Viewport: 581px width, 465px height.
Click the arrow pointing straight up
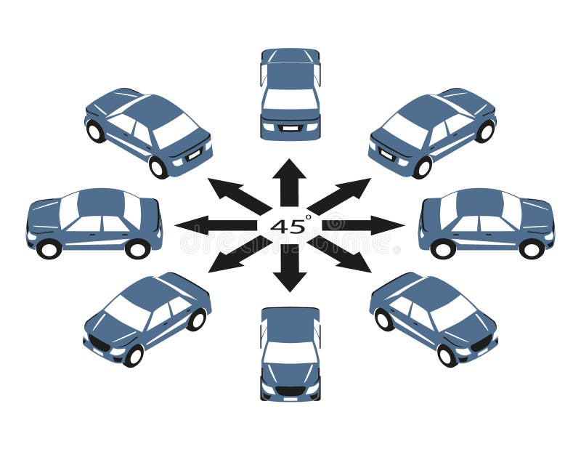click(x=289, y=182)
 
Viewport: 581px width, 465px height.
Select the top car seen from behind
click(x=290, y=94)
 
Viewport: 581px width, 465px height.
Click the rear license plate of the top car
click(x=290, y=128)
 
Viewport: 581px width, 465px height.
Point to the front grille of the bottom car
click(x=290, y=390)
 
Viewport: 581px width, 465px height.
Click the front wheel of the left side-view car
click(x=49, y=249)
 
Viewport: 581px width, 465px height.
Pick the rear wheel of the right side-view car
click(x=442, y=249)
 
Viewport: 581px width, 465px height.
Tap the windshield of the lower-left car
click(x=128, y=312)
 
